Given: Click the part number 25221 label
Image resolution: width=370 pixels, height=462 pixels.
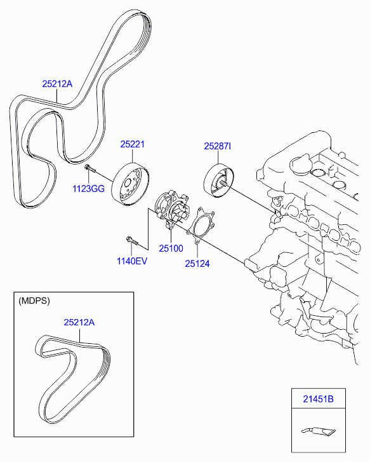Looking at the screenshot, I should coord(133,145).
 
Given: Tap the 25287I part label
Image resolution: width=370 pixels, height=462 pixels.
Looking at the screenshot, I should coord(217,146).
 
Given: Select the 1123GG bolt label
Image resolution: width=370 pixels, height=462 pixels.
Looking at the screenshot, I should coord(88,188).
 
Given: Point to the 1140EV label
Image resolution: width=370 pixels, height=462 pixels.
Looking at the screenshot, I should coord(131,261).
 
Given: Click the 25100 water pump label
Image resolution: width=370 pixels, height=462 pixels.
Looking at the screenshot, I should coord(171,249).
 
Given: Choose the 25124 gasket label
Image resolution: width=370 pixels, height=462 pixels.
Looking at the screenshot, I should coord(197,263).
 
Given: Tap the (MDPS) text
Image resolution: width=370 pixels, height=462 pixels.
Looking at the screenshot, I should coord(34,300).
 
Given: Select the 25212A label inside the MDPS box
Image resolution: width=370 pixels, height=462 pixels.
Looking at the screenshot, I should coord(79,323).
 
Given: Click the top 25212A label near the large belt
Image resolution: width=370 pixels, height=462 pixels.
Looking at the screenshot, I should coord(58,83).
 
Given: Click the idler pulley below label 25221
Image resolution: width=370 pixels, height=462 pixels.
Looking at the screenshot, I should coord(130,185).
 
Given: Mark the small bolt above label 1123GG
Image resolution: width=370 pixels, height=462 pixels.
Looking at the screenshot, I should coord(89,168).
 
